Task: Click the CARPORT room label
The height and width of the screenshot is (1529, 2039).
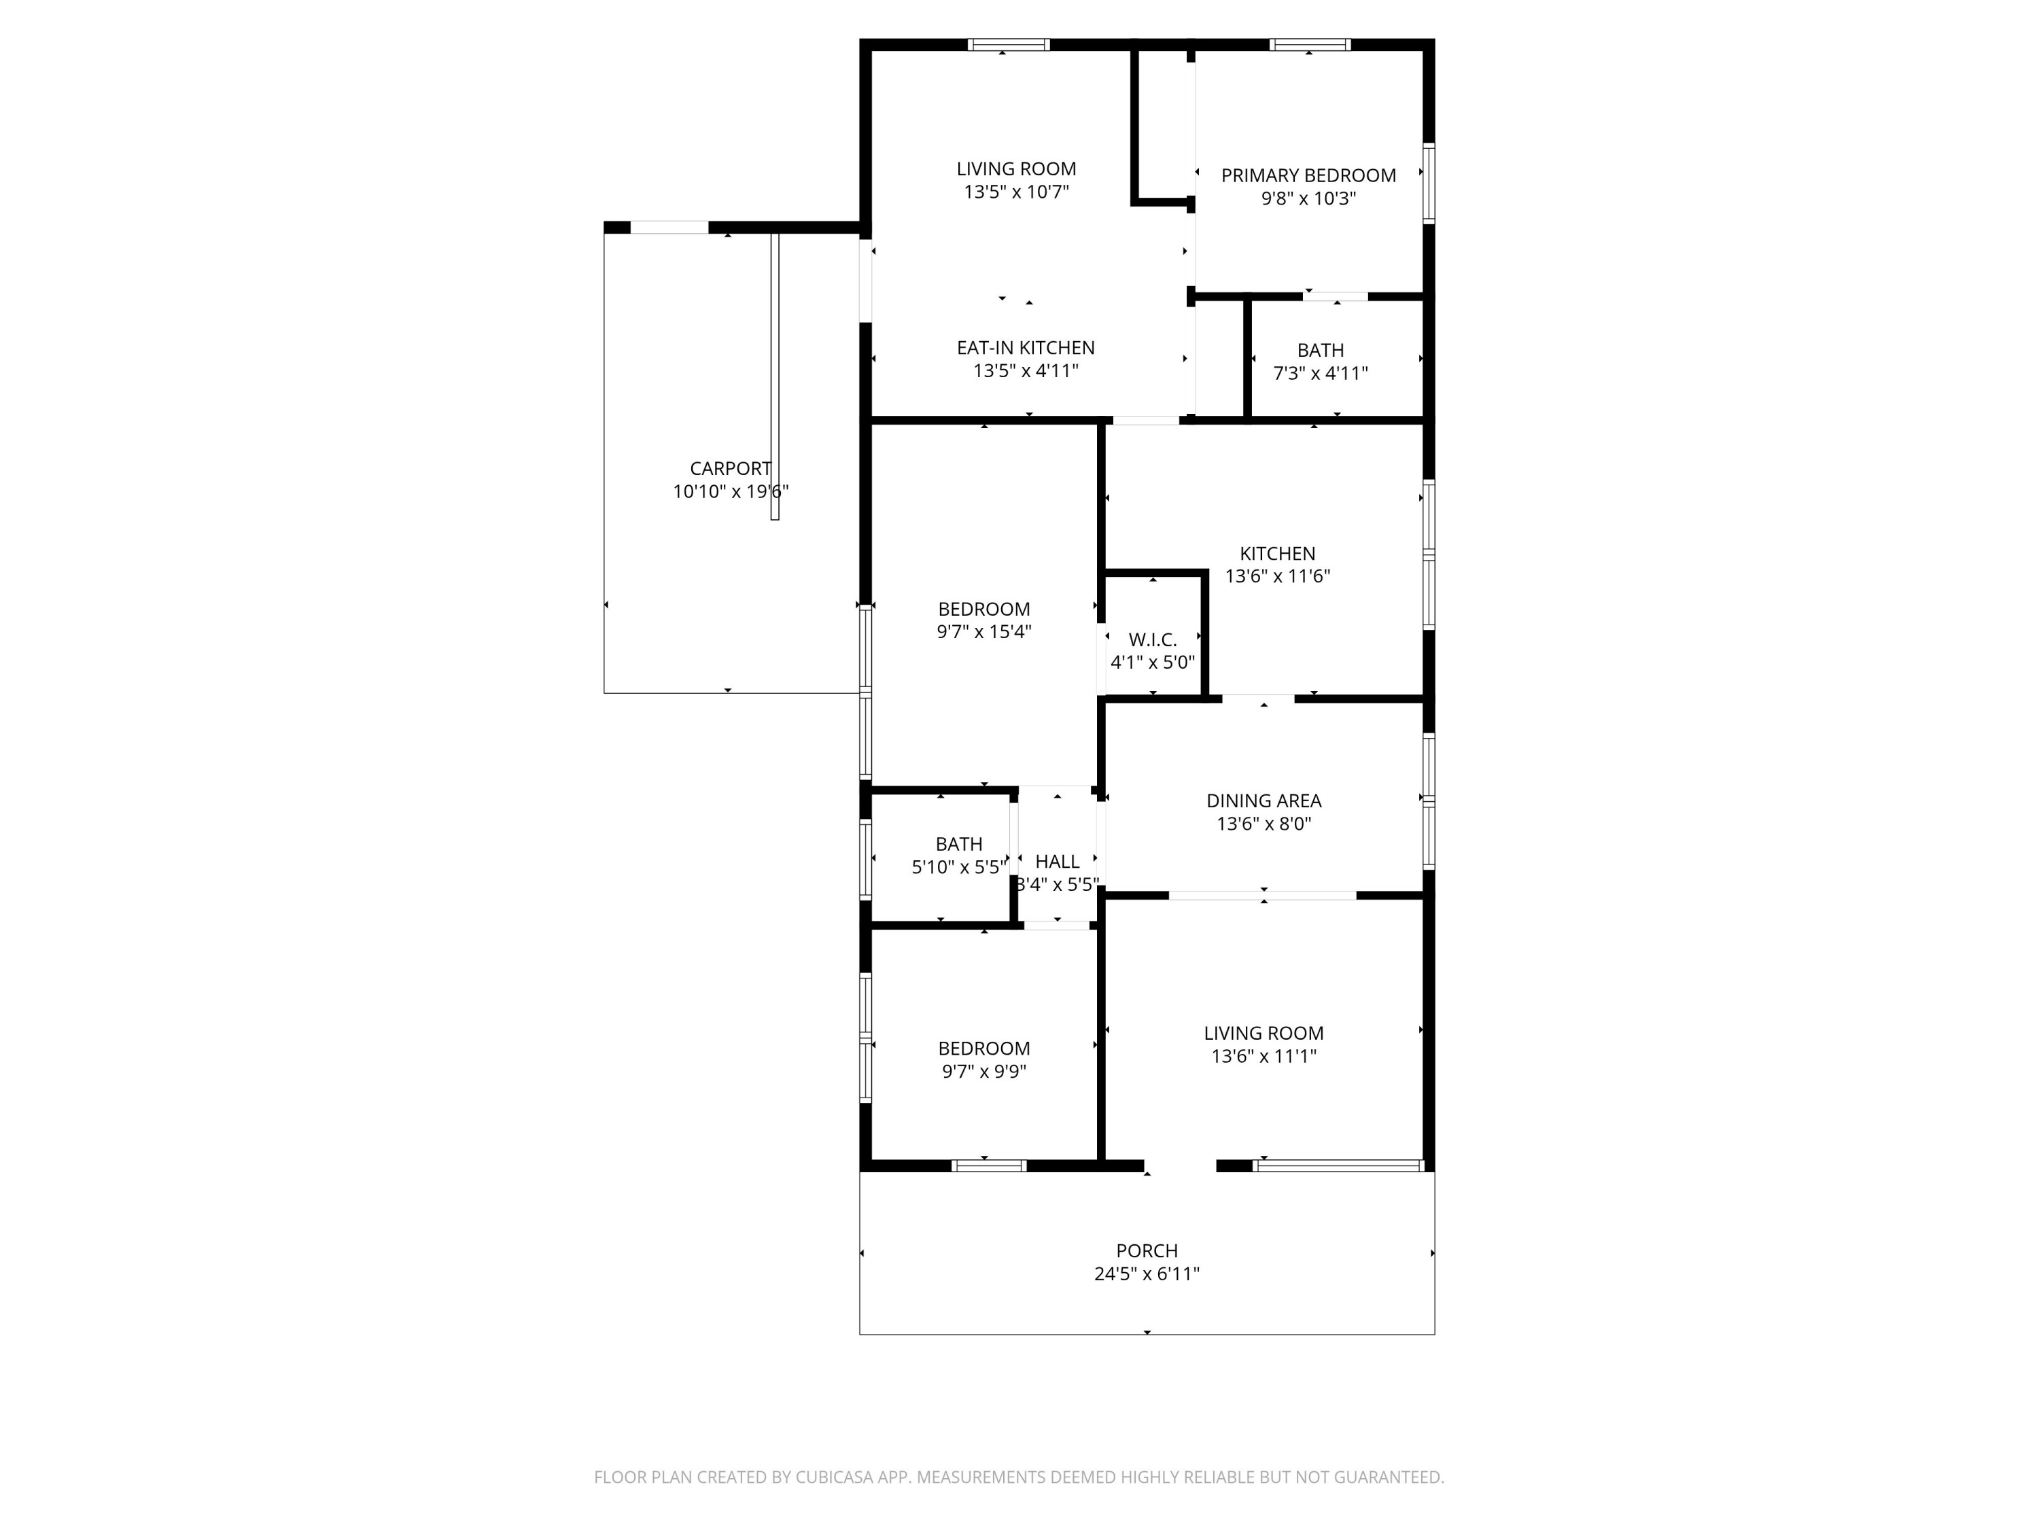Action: coord(730,468)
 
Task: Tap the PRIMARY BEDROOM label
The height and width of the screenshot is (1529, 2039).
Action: coord(1308,175)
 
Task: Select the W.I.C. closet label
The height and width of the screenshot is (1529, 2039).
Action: coord(1152,639)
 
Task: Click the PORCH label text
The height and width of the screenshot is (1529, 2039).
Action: coord(1147,1250)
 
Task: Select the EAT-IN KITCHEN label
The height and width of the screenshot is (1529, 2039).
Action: coord(1025,347)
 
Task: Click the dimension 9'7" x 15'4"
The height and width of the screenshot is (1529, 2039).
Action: coord(983,632)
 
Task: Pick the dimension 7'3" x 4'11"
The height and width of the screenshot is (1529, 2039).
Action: coord(1320,373)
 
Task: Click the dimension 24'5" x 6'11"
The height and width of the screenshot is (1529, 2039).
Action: coord(1147,1273)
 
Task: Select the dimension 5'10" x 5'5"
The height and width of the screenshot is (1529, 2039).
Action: coord(958,867)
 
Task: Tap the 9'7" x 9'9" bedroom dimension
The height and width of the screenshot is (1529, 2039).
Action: coord(983,1072)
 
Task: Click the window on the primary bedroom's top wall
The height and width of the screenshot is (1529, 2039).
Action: coord(1309,44)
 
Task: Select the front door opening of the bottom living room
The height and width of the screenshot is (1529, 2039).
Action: coord(1180,1166)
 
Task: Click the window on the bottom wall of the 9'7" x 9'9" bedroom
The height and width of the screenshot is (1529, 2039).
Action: coord(988,1166)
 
